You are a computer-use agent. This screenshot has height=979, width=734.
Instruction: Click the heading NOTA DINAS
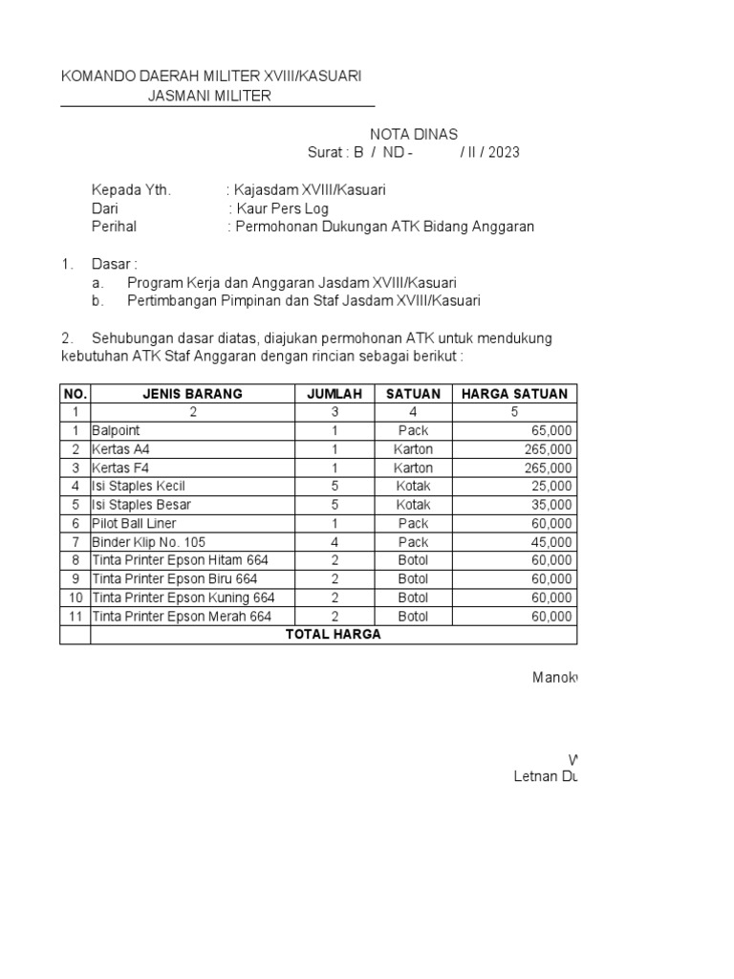click(x=414, y=134)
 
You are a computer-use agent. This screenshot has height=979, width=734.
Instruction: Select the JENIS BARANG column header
click(x=192, y=394)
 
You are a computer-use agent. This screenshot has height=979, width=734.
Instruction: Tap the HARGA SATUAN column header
click(x=514, y=394)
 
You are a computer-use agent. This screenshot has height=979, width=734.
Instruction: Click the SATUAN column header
click(x=413, y=394)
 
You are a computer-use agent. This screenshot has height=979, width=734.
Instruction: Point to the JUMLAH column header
click(x=335, y=394)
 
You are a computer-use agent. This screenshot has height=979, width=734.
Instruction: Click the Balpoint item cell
click(x=116, y=431)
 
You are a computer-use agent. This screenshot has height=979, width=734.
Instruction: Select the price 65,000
click(x=551, y=431)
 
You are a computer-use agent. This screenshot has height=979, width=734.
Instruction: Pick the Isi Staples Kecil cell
click(x=139, y=487)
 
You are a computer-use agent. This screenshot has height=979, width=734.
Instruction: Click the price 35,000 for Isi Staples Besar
click(x=551, y=505)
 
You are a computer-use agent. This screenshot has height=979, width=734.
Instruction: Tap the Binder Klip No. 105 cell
click(x=148, y=542)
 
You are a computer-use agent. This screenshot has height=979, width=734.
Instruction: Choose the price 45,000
click(x=551, y=542)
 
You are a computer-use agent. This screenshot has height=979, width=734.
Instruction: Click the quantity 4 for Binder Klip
click(x=335, y=542)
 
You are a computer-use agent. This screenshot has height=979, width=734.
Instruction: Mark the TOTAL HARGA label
click(x=334, y=635)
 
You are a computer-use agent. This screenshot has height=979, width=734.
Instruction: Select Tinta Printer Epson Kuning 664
click(x=183, y=598)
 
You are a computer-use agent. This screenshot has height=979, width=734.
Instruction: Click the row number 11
click(x=75, y=617)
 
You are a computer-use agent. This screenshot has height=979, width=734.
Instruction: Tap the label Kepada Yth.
click(x=131, y=190)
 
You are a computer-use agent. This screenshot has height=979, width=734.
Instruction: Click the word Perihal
click(x=114, y=227)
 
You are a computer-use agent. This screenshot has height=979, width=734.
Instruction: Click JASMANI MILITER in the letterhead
click(x=209, y=96)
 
